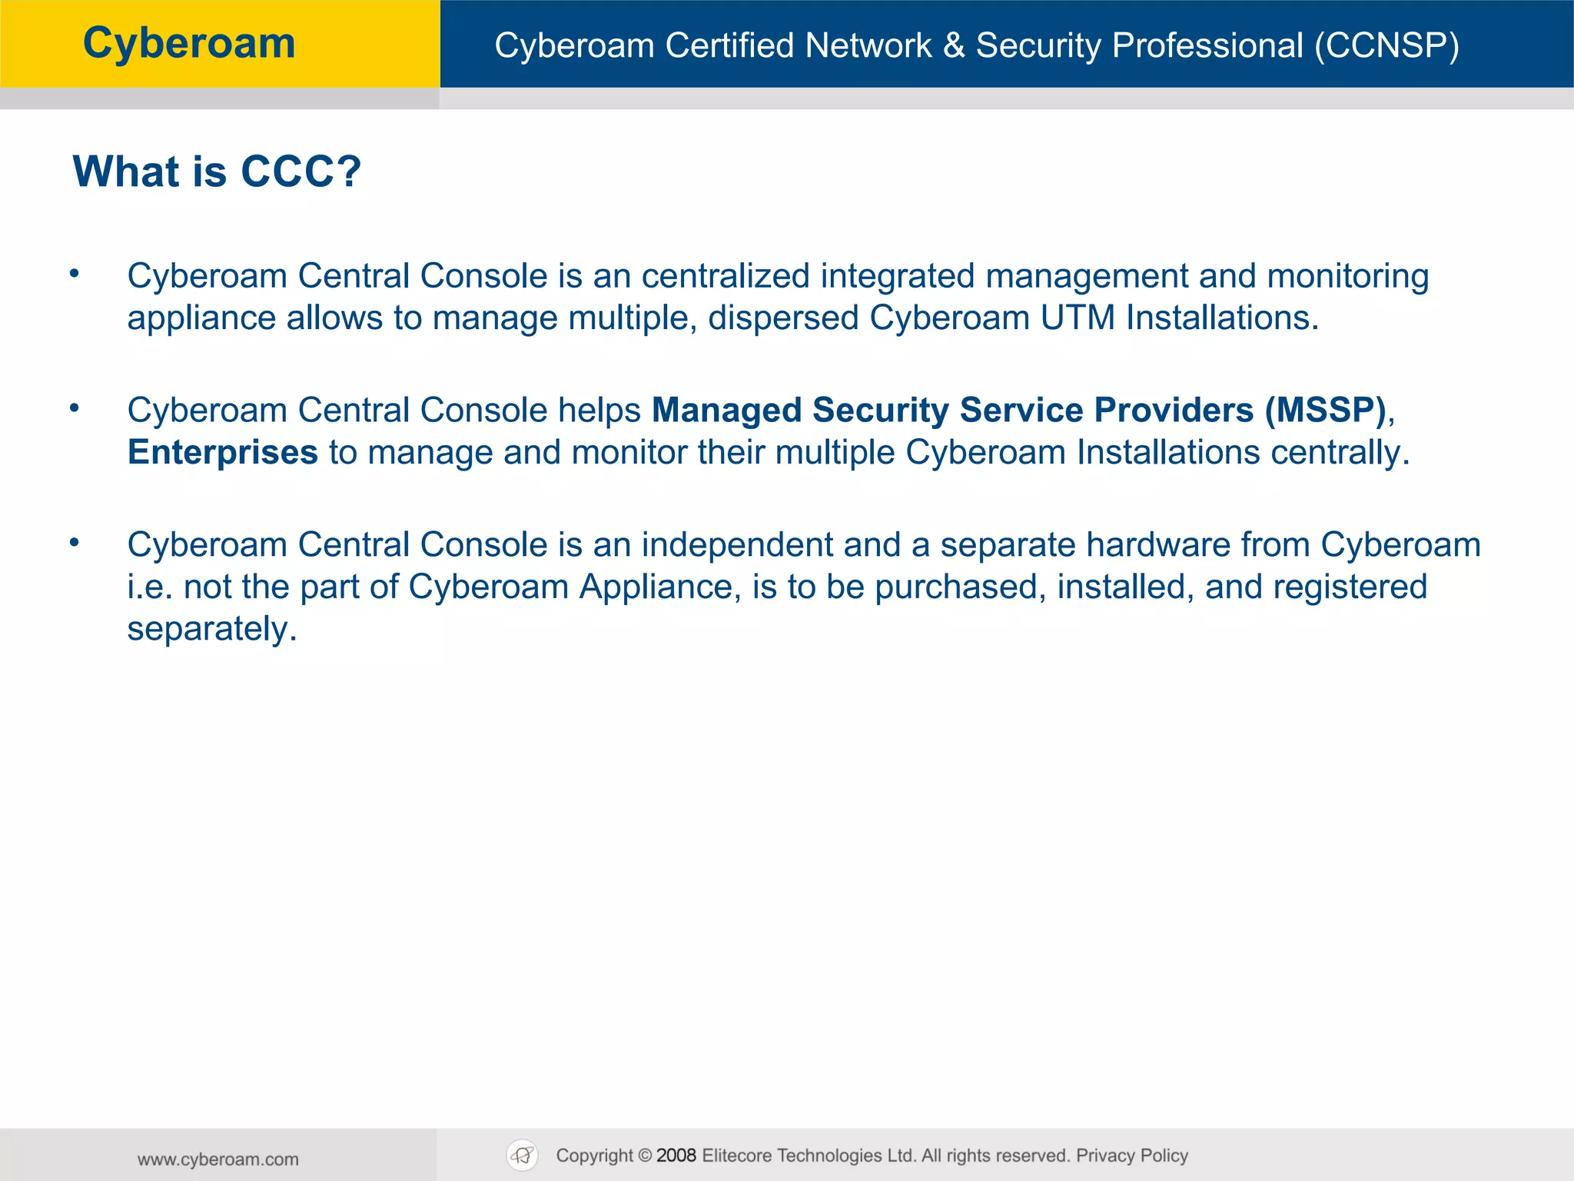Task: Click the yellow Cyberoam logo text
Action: pos(189,43)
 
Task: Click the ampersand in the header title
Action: pos(954,45)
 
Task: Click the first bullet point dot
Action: pos(75,274)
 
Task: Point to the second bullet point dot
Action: pos(75,408)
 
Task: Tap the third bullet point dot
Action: pos(75,542)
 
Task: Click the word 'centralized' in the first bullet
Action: pos(726,276)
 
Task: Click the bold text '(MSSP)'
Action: pos(1325,410)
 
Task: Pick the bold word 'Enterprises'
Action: pos(223,452)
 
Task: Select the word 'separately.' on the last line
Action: pos(212,629)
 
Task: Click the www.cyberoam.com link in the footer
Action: pos(218,1159)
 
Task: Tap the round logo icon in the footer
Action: pos(523,1155)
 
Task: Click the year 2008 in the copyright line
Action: pos(676,1155)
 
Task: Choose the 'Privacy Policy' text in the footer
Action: pos(1132,1155)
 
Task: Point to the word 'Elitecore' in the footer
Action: pos(736,1155)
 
